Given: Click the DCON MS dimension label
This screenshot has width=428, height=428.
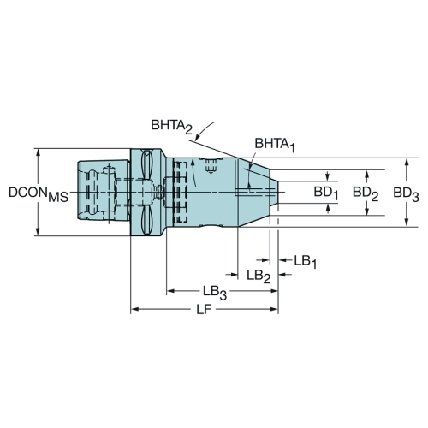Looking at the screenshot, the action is [x=39, y=194].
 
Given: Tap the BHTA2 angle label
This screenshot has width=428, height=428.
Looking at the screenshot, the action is [x=171, y=127].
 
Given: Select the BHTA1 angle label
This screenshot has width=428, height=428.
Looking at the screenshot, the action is [x=274, y=145].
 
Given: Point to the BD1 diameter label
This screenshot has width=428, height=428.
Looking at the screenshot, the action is [x=326, y=193].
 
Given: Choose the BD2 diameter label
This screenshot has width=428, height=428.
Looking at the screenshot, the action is [x=366, y=193].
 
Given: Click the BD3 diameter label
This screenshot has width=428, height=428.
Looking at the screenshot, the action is [x=406, y=194].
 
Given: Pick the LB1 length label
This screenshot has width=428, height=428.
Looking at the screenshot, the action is [x=305, y=262].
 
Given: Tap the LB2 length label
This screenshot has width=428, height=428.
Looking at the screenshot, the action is [x=259, y=276].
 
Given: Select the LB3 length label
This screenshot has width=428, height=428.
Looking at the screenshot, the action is [x=215, y=293].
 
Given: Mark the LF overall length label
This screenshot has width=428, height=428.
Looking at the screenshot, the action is [x=204, y=310].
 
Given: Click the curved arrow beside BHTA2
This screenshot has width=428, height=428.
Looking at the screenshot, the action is [x=204, y=130].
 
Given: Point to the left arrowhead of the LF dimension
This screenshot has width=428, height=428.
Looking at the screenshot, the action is [x=134, y=309].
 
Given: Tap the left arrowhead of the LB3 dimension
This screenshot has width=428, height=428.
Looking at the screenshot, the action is [x=170, y=291].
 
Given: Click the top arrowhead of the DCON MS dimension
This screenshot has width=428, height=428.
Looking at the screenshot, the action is [x=38, y=152].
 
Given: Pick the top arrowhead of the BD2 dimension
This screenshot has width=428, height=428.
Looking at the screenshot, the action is [x=367, y=174].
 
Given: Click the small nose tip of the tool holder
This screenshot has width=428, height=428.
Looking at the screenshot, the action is [x=274, y=192].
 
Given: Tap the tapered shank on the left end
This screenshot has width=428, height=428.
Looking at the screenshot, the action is [x=104, y=191].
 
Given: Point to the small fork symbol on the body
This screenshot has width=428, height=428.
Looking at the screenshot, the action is [x=211, y=168].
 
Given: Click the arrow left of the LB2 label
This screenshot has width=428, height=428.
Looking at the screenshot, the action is [x=232, y=275].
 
